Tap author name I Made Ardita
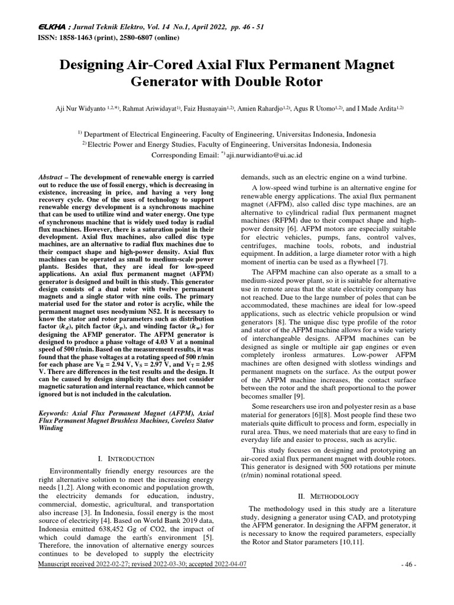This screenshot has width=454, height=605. [383, 109]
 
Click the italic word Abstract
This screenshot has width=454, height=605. [50, 177]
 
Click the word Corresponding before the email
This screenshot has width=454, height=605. [177, 155]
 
